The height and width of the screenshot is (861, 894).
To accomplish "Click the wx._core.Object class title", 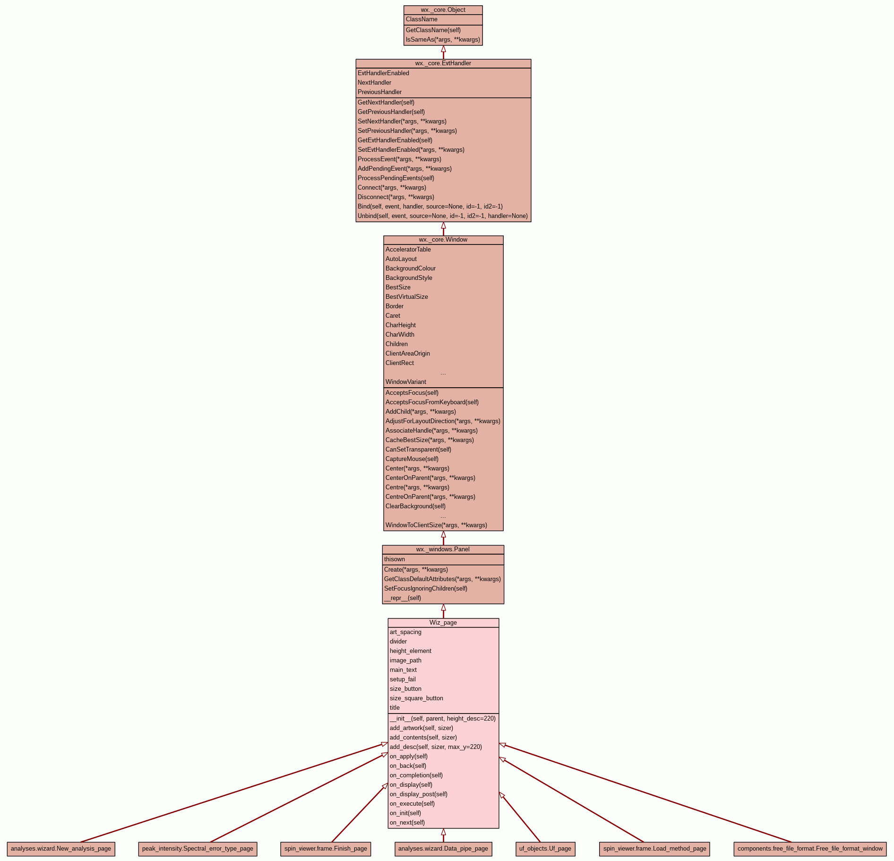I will click(x=443, y=10).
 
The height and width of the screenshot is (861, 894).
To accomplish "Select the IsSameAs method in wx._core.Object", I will click(x=443, y=40).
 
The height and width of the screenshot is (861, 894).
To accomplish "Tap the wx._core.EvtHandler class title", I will click(x=443, y=63).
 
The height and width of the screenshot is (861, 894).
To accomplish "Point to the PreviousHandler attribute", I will click(x=379, y=92).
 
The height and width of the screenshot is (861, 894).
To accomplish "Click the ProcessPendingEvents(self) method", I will click(x=395, y=178).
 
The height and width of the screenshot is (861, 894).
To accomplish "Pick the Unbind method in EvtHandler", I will click(x=442, y=216).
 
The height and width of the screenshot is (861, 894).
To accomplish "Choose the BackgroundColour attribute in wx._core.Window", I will click(x=410, y=269).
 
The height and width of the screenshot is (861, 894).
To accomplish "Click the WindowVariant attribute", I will click(x=405, y=382).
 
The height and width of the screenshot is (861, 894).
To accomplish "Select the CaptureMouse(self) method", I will click(x=412, y=459).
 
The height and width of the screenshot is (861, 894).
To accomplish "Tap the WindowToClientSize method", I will click(x=436, y=525).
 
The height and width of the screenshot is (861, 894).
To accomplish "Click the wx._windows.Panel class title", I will click(x=443, y=549).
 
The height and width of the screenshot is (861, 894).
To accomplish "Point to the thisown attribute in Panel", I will click(x=394, y=559).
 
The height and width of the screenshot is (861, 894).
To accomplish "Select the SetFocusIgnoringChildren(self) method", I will click(x=425, y=589).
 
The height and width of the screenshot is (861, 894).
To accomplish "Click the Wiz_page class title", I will click(x=443, y=623).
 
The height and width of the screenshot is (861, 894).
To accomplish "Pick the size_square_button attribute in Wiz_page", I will click(x=416, y=698).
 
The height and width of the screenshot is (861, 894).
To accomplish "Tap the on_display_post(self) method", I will click(x=418, y=794).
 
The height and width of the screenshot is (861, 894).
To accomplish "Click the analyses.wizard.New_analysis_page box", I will click(x=61, y=849).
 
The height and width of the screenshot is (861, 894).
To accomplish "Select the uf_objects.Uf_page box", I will click(x=545, y=849).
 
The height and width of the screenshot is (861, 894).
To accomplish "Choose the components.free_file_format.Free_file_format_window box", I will click(x=809, y=849).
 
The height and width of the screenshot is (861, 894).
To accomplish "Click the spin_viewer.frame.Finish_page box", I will click(x=326, y=849).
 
